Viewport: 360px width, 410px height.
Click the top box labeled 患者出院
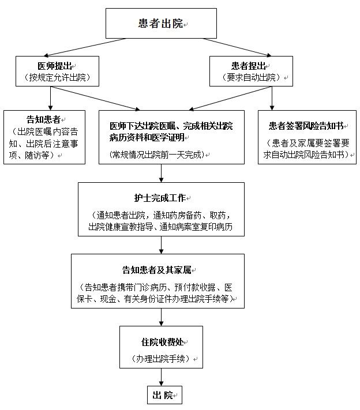pyautogui.click(x=160, y=24)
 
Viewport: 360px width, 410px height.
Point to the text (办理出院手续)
pyautogui.click(x=160, y=358)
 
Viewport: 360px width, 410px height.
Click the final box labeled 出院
pyautogui.click(x=163, y=395)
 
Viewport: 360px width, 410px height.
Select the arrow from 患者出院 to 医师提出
pyautogui.click(x=93, y=47)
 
